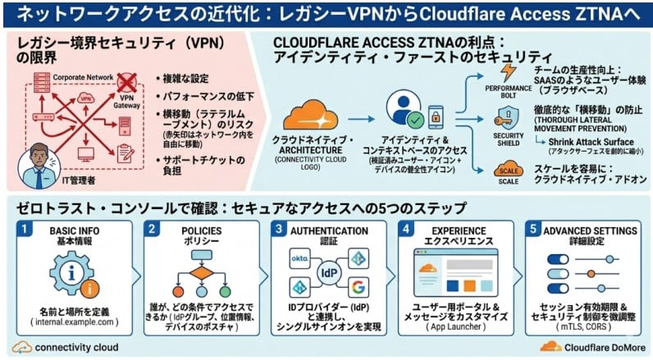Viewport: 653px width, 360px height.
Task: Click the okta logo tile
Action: point(300,259)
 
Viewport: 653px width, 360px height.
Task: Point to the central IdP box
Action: point(328,271)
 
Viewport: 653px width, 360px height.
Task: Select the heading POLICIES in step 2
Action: point(200,231)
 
